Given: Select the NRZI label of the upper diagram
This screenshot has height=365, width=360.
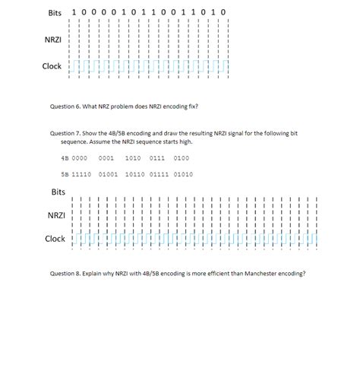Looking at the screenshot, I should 52,38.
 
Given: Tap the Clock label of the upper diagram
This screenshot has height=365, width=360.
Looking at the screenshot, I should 52,66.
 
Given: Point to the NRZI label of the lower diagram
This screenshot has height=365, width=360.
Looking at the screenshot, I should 56,215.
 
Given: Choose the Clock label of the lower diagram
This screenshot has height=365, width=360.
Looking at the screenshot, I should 55,239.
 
